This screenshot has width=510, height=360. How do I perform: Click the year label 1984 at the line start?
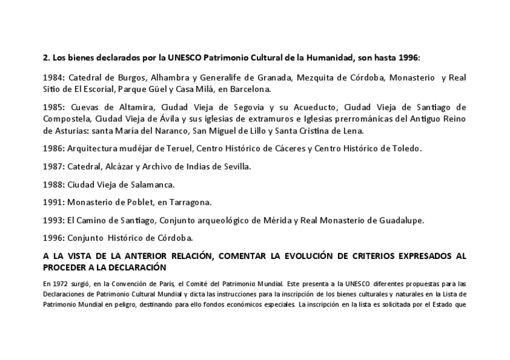tap(54, 78)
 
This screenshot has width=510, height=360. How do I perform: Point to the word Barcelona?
tap(250, 90)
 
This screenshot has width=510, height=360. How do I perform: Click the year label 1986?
tap(54, 148)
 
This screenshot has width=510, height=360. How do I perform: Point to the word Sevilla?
tap(236, 166)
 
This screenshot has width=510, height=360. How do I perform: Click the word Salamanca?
tap(151, 184)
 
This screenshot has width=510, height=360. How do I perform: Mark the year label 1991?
tap(54, 202)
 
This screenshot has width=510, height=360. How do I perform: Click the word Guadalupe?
tap(399, 220)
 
